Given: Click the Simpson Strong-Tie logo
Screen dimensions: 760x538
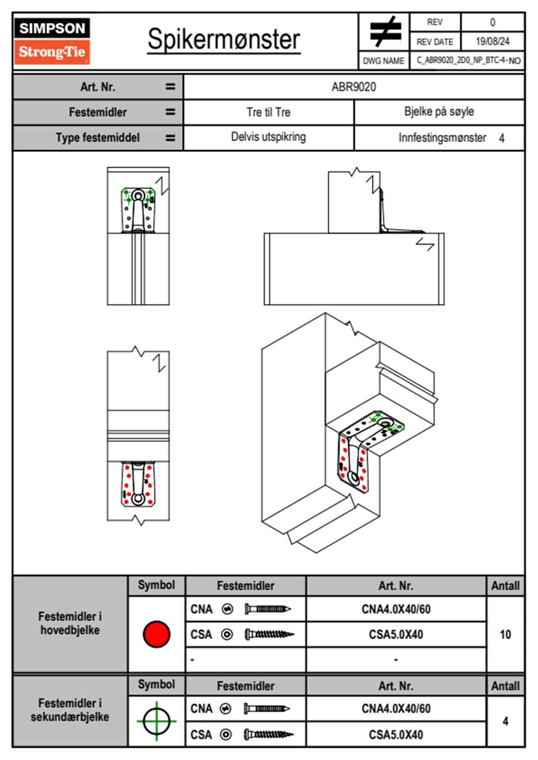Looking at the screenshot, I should (52, 41).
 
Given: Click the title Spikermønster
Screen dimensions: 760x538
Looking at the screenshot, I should (223, 39).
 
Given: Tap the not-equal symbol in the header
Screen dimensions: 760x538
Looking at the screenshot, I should (385, 32).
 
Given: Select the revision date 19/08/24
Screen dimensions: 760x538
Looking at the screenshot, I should (492, 42).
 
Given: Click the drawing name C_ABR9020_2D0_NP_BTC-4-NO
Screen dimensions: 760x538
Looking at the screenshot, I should (468, 61).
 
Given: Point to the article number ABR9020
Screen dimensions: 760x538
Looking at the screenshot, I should (354, 87).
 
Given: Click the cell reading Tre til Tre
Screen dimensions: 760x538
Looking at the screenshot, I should (268, 112).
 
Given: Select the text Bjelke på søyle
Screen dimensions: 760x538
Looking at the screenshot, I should (439, 112).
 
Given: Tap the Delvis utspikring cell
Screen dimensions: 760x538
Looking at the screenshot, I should (268, 137).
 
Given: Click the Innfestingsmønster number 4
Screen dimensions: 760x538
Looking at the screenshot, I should (501, 138).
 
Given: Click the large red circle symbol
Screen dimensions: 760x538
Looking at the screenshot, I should (156, 633).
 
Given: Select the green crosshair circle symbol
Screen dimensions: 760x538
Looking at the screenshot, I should (156, 721).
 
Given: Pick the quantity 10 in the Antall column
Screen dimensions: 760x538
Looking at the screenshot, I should (505, 634).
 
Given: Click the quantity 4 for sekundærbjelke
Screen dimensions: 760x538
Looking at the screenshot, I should (505, 721).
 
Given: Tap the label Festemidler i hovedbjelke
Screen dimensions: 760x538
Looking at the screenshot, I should (70, 623).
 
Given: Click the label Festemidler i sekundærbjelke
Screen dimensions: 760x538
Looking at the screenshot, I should (70, 710).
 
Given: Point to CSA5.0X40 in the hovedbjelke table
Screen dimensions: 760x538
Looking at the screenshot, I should (396, 634).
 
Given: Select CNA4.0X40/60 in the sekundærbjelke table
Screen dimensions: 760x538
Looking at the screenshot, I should (396, 708).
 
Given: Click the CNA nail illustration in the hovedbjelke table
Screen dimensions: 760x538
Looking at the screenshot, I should (267, 609).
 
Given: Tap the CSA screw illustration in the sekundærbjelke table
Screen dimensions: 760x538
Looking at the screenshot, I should (268, 735).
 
